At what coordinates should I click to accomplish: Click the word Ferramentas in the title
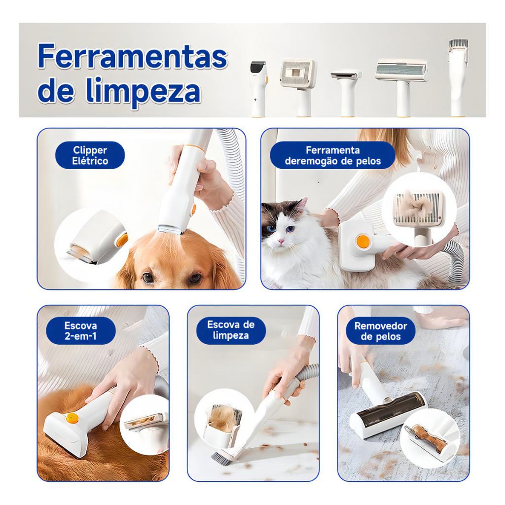[x=133, y=56]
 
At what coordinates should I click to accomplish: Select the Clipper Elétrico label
[x=90, y=155]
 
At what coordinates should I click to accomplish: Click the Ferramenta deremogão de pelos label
[x=333, y=155]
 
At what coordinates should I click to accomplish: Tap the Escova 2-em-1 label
[x=81, y=331]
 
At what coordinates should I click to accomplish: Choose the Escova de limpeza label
[x=231, y=330]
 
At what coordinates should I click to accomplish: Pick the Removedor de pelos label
[x=381, y=331]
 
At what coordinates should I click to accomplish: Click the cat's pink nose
[x=281, y=241]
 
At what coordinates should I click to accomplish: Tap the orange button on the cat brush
[x=363, y=242]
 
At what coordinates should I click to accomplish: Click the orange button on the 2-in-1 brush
[x=72, y=418]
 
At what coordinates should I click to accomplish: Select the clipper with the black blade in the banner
[x=258, y=89]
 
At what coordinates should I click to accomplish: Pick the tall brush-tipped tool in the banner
[x=458, y=77]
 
